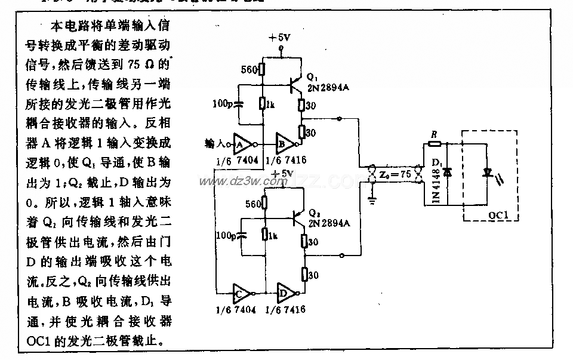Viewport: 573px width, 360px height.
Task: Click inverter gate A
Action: [x=242, y=143]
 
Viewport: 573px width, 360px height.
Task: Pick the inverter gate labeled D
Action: [x=286, y=293]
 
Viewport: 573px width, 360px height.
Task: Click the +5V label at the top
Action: [x=279, y=37]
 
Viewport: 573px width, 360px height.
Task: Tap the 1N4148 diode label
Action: [x=435, y=182]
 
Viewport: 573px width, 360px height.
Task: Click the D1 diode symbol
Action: [x=447, y=172]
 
